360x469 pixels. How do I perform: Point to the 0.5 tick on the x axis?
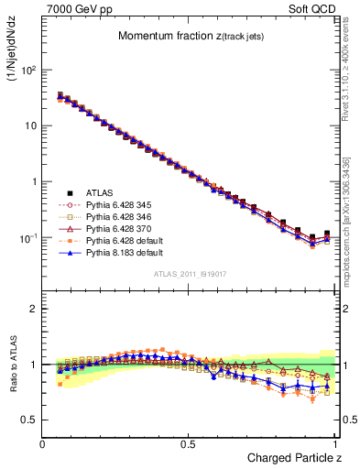(x=189, y=442)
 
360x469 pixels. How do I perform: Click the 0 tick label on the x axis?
(x=43, y=442)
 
